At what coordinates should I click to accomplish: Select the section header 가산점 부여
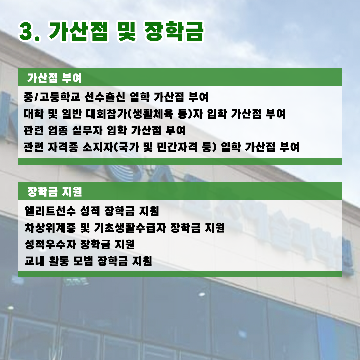(x=55, y=78)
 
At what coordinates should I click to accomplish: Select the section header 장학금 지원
(x=55, y=191)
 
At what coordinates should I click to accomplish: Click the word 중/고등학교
(x=52, y=97)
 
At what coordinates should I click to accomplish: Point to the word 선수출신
(x=105, y=97)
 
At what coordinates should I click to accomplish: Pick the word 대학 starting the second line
(x=34, y=114)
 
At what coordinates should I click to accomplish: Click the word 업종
(x=58, y=130)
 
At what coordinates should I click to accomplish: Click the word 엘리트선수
(x=50, y=211)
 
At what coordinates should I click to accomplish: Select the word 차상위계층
(x=50, y=228)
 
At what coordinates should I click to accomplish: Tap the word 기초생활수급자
(x=130, y=228)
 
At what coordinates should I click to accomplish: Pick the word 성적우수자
(x=50, y=244)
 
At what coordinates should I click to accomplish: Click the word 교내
(x=35, y=261)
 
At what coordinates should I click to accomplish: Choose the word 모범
(x=83, y=261)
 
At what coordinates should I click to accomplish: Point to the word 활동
(x=59, y=261)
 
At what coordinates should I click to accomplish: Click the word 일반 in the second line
(x=72, y=114)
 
